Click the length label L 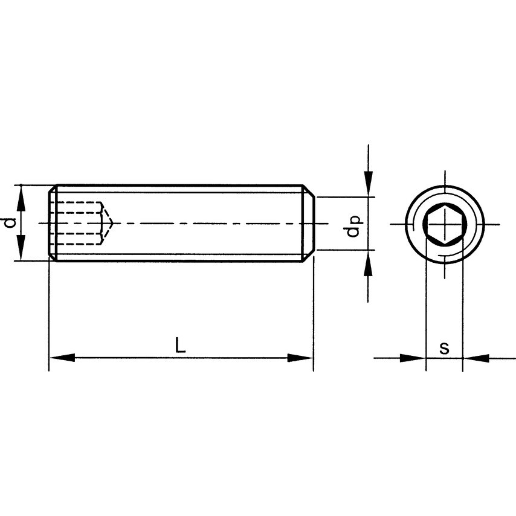tap(179, 346)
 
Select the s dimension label tap(444, 348)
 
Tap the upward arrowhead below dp tap(368, 263)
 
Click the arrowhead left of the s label tap(413, 358)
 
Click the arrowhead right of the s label tap(476, 358)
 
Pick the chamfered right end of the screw tap(308, 223)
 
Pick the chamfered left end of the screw tap(53, 223)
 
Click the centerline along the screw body tap(199, 223)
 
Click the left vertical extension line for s tap(426, 302)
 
